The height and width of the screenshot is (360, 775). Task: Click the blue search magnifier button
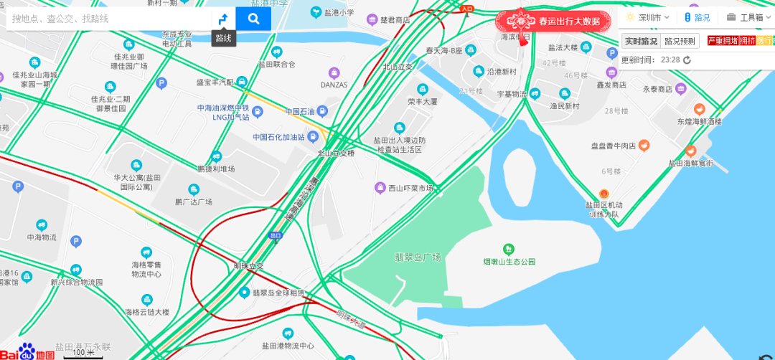253,19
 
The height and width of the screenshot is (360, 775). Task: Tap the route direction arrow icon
223,19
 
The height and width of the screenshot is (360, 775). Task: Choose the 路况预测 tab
680,41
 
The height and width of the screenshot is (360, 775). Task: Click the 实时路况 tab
639,41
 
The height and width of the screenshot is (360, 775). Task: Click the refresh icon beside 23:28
687,60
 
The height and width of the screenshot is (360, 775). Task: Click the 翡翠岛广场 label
418,257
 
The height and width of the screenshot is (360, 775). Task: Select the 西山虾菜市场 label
410,188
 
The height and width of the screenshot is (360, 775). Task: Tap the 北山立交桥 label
336,153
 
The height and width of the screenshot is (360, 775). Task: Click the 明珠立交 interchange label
249,266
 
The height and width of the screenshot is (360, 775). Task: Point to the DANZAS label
334,85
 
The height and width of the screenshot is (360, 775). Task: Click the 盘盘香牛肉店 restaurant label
614,146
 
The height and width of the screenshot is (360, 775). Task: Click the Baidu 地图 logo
27,351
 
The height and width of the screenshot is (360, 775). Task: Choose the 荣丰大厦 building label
423,102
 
